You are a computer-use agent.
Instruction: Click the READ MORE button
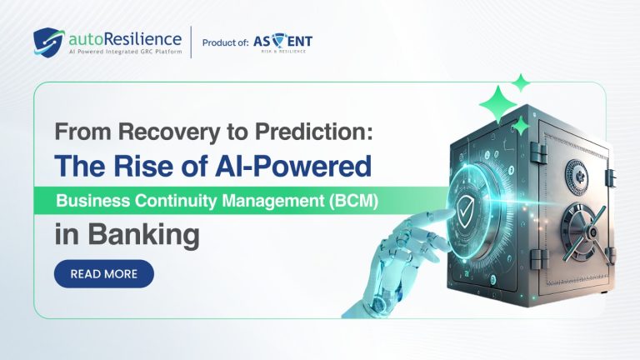coord(104,273)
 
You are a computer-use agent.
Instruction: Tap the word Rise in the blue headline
coord(137,166)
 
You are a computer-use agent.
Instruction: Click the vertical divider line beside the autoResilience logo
coord(191,42)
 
